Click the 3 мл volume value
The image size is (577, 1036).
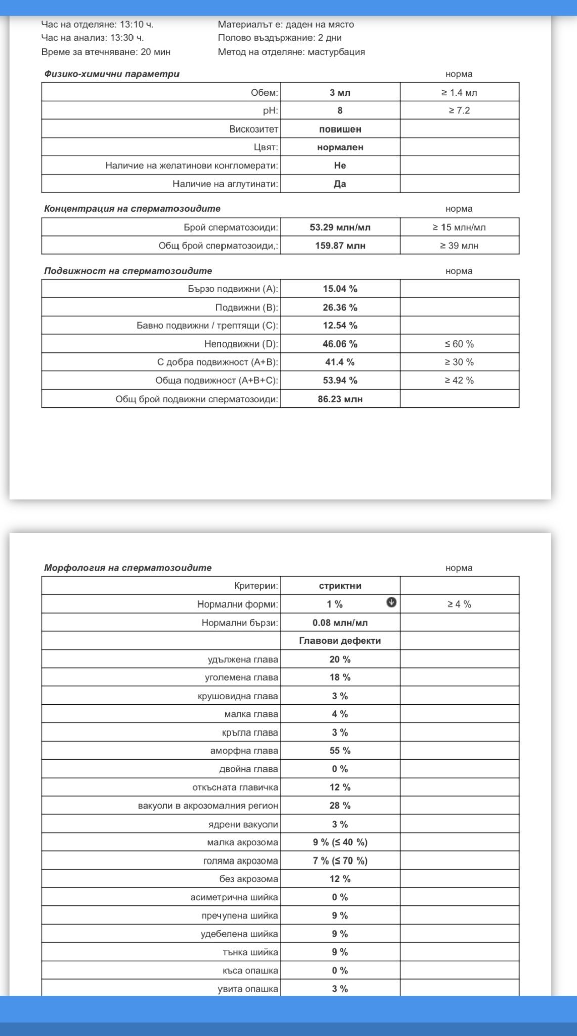coord(340,93)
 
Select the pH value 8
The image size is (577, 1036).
coord(340,111)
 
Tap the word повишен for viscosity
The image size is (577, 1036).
coord(340,129)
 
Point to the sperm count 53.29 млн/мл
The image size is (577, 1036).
coord(340,227)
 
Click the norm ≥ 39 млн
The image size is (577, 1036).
coord(459,246)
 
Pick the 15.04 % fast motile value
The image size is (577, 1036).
coord(340,289)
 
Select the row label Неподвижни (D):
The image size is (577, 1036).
coord(241,344)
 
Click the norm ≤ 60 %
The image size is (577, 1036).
coord(459,344)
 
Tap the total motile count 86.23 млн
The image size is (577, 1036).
coord(340,399)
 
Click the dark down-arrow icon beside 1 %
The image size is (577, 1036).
coord(391,602)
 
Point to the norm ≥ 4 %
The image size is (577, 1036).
coord(459,604)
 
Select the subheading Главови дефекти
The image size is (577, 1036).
coord(340,641)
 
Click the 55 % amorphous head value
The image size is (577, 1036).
coord(340,751)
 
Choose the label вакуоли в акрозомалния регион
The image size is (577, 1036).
coord(208,806)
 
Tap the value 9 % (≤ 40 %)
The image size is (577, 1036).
coord(340,842)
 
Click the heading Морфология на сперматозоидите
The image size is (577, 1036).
coord(127,568)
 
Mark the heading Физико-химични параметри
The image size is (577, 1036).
coord(111,74)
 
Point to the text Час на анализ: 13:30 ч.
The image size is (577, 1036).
coord(93,38)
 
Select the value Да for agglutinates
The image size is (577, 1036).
coord(340,184)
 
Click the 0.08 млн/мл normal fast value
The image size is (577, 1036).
coord(340,623)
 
